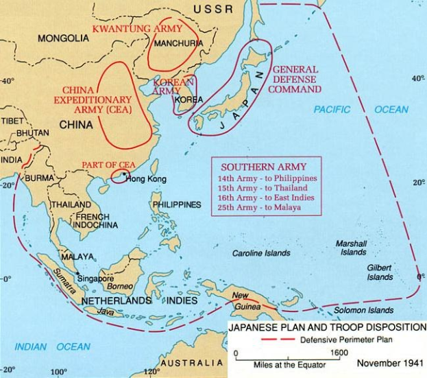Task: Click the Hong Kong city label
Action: (147, 179)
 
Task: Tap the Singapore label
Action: (95, 279)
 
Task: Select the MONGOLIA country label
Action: (63, 38)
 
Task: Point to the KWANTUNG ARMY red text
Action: (137, 29)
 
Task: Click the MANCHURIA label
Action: (178, 43)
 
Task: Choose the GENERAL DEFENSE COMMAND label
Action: (295, 80)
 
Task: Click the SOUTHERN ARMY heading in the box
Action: (263, 167)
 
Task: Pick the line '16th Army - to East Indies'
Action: (263, 197)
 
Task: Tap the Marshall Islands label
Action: (351, 248)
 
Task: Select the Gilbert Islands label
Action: (379, 272)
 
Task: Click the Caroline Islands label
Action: (261, 253)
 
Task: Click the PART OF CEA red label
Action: (106, 165)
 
